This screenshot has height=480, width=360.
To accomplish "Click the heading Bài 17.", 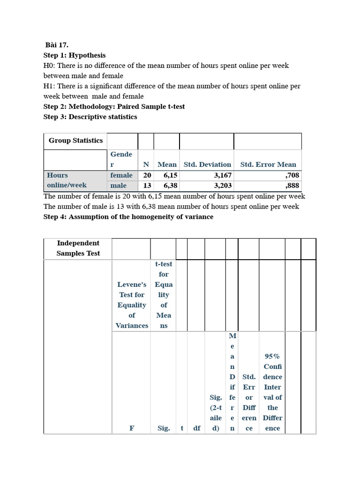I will [x=57, y=45].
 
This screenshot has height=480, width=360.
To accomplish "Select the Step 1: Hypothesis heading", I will [x=75, y=55].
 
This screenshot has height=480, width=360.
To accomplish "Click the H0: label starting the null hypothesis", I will [x=49, y=66].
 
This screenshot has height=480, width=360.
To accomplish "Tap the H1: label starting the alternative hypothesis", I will [x=49, y=86].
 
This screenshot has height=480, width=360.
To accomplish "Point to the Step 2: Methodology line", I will [x=114, y=106].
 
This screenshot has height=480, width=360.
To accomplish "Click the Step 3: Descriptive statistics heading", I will [x=90, y=117].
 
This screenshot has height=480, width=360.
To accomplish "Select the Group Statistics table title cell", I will [x=75, y=141].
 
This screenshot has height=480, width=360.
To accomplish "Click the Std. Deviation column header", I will [x=207, y=165].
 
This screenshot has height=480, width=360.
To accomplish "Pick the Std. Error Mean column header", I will [x=268, y=165].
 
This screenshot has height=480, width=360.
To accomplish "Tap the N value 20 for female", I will [x=147, y=175].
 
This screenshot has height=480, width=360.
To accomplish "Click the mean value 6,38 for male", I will [x=171, y=185].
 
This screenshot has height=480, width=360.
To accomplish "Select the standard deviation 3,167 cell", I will [x=220, y=175].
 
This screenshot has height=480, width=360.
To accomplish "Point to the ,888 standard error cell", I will [x=292, y=185].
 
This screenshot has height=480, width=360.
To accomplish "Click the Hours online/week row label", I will [x=67, y=180].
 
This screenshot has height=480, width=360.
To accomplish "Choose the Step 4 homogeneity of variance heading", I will [x=128, y=217].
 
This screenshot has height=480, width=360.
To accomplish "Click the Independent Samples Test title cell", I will [x=78, y=248].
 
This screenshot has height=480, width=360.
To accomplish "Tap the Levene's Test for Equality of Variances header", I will [x=132, y=305].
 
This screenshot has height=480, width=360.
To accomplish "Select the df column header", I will [x=197, y=428].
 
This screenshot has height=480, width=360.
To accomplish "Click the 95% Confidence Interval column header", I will [x=272, y=392].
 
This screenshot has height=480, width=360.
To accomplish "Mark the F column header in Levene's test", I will [x=132, y=428].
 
